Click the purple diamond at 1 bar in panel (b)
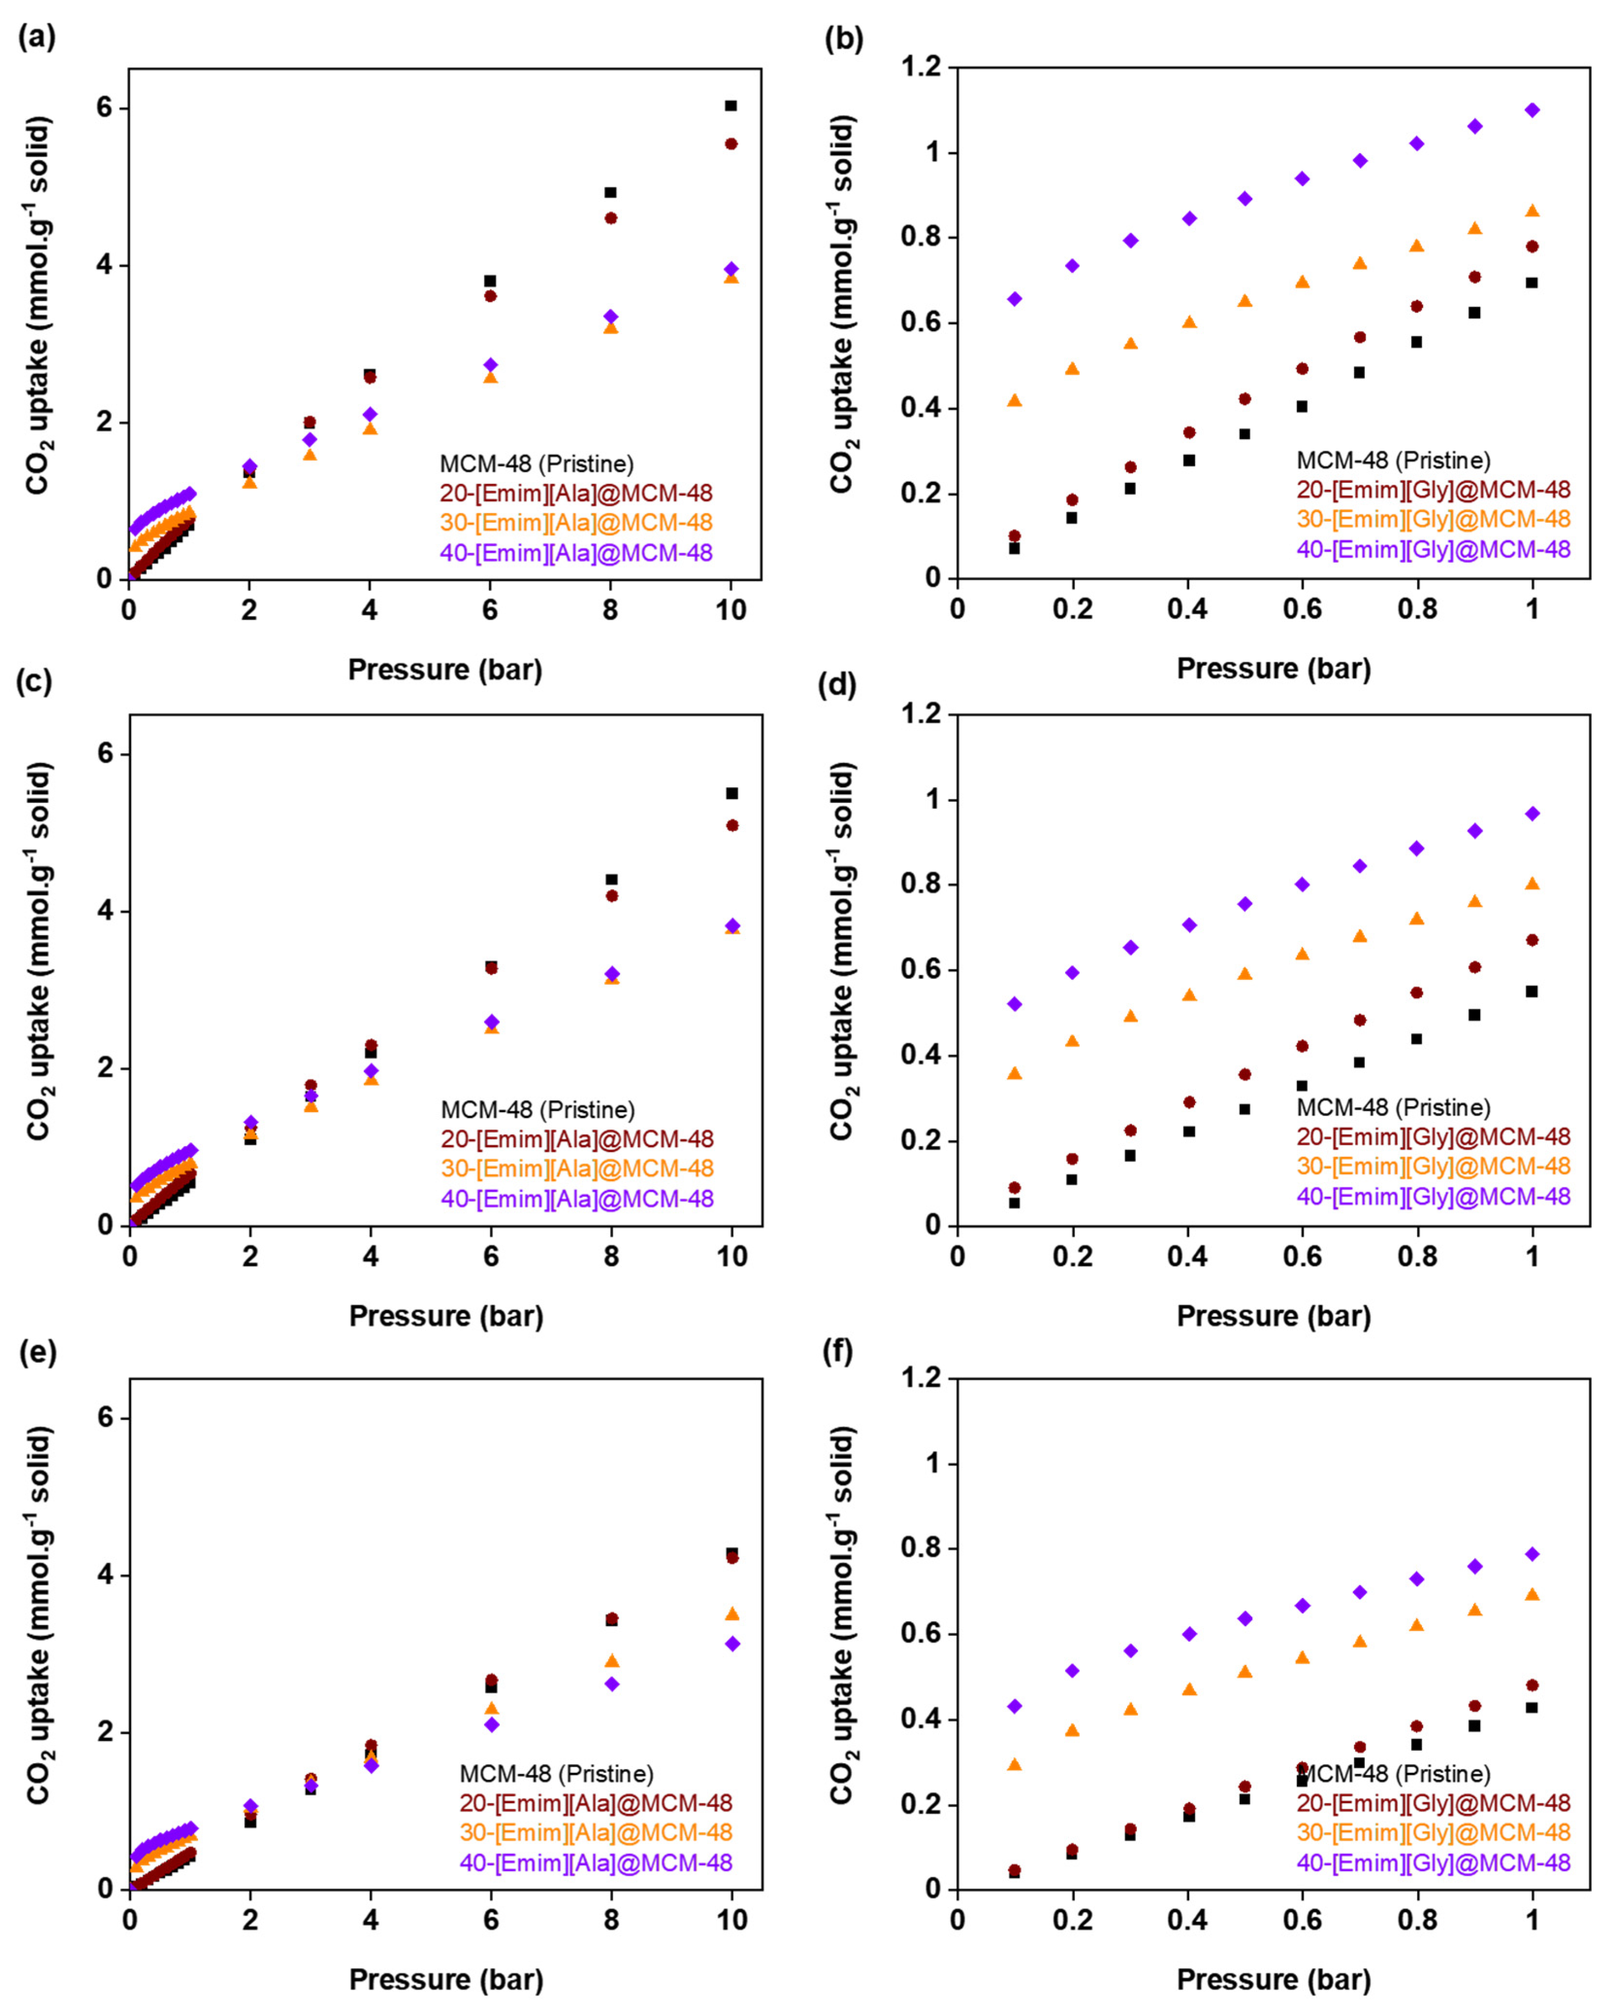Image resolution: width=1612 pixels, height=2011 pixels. click(1532, 110)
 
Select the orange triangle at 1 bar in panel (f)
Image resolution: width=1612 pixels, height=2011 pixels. click(1532, 1594)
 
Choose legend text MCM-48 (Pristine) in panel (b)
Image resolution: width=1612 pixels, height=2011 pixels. click(1393, 460)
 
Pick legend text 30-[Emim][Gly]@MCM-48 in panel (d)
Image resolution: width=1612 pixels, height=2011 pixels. click(1433, 1166)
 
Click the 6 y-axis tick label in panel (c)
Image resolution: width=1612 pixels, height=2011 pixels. click(105, 754)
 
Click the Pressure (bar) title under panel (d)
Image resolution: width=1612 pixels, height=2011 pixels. click(1274, 1316)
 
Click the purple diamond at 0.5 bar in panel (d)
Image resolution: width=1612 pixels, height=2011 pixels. click(1245, 904)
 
